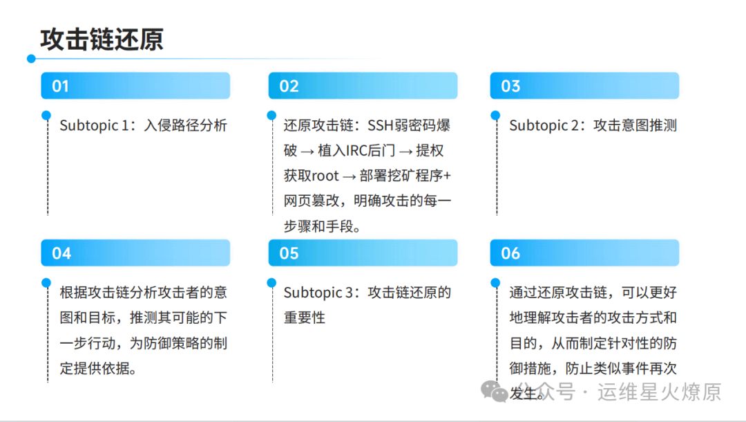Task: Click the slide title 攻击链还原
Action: click(x=102, y=39)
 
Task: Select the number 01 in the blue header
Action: click(x=60, y=86)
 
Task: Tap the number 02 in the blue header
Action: click(x=289, y=86)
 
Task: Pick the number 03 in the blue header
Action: click(x=510, y=86)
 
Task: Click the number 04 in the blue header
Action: click(x=61, y=253)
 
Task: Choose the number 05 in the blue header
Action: click(x=289, y=253)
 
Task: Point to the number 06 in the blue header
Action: click(x=510, y=253)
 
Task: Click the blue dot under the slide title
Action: click(x=31, y=59)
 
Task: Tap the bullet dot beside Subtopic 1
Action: click(x=46, y=116)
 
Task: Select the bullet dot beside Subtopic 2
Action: click(x=495, y=116)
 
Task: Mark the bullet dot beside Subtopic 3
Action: click(x=271, y=282)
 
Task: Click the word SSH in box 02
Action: click(x=381, y=125)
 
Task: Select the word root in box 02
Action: click(x=325, y=176)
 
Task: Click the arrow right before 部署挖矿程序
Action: click(x=350, y=176)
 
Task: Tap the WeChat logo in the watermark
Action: click(x=494, y=392)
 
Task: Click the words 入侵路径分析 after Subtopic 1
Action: click(x=186, y=125)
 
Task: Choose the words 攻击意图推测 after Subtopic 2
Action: click(x=635, y=125)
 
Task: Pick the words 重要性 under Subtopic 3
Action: click(x=305, y=318)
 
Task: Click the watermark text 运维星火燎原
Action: click(x=660, y=392)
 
